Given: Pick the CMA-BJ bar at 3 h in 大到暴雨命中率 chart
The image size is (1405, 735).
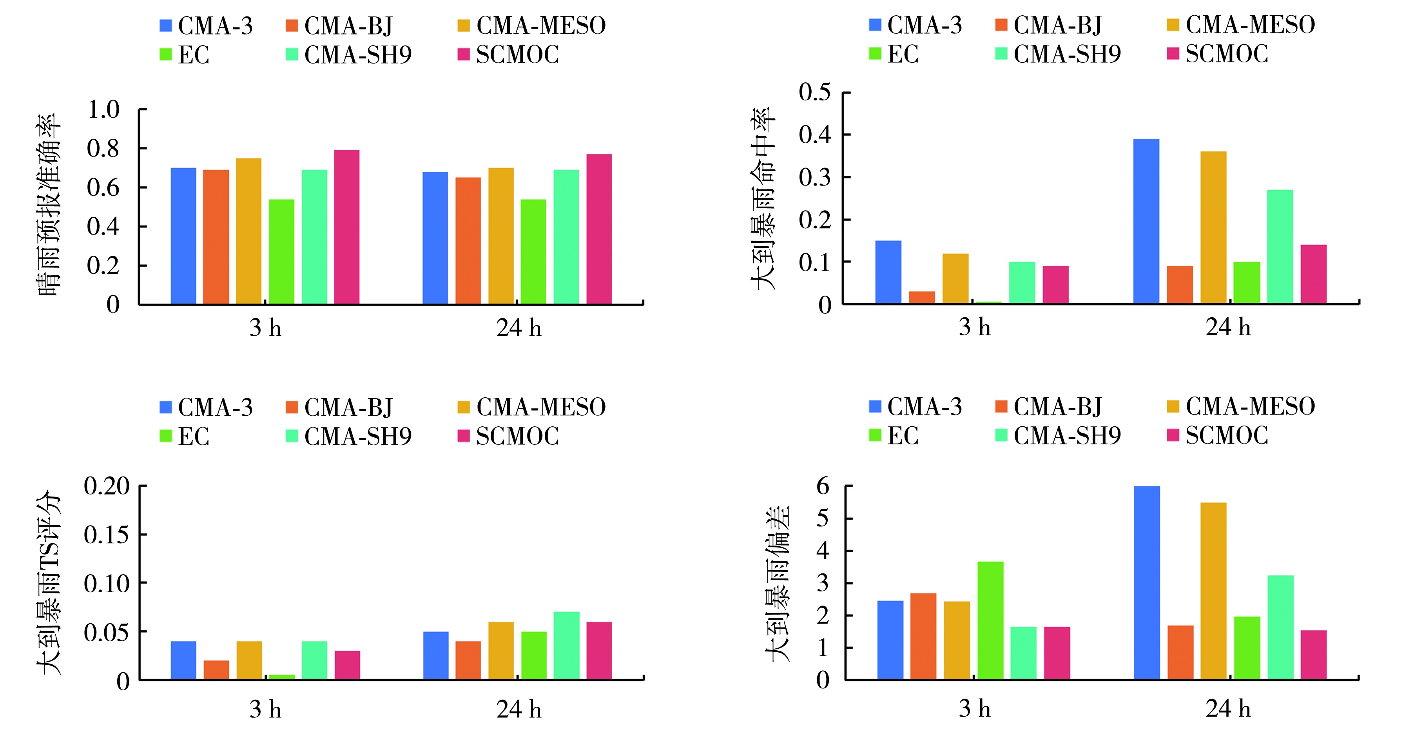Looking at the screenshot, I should pos(922,297).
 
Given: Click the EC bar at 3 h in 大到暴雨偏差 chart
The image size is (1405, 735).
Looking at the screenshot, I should pos(990,620).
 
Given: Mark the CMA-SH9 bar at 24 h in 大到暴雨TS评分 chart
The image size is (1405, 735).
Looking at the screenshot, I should pos(566,646).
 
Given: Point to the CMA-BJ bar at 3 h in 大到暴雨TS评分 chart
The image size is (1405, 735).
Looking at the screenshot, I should pos(217,670).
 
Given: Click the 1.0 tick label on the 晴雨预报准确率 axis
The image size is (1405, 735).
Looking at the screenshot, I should pos(103,110).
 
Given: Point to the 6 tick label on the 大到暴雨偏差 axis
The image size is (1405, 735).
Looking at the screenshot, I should pos(823,486).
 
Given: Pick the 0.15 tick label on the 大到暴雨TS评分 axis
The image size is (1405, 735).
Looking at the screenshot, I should pos(107,534).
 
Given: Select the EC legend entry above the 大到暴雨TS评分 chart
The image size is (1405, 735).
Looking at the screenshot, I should pos(184,436).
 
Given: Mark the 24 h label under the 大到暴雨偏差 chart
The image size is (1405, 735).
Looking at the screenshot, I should pos(1228,709).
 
